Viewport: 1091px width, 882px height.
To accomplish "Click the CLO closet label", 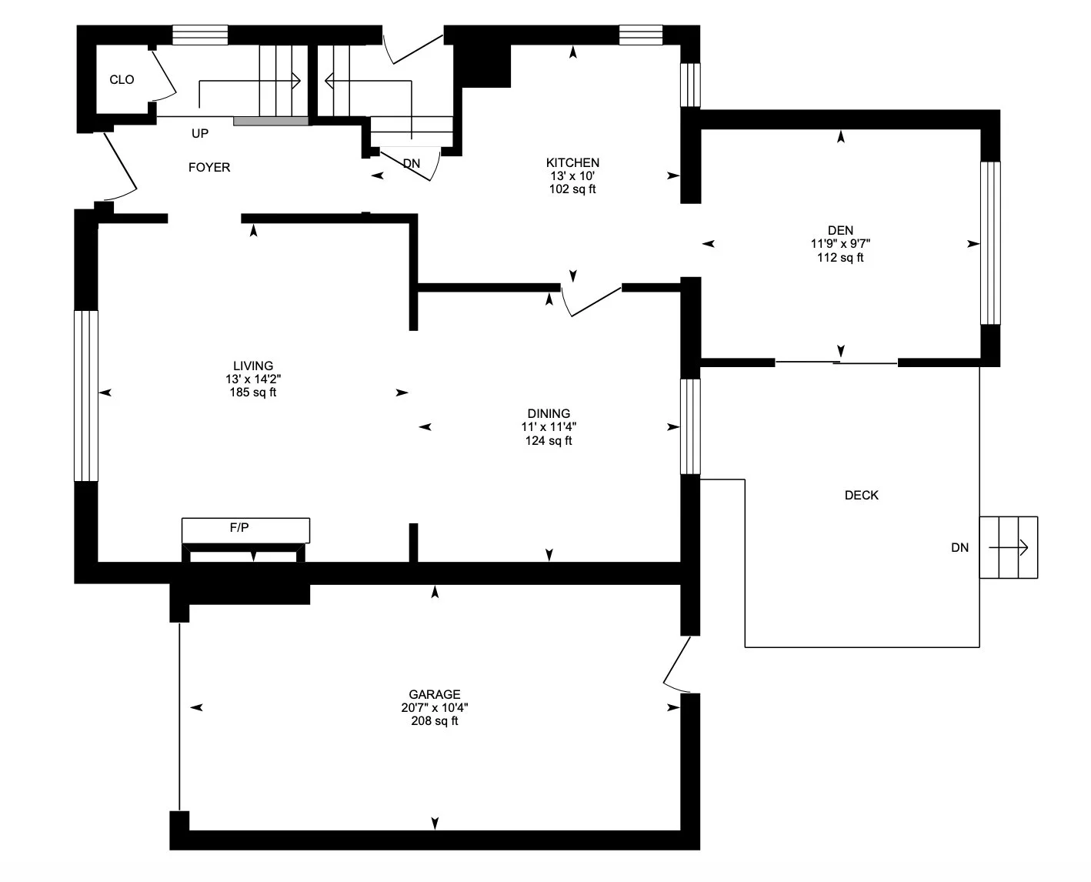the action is [122, 80].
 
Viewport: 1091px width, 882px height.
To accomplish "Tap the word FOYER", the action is [209, 168].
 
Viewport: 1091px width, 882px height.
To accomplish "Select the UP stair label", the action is [200, 134].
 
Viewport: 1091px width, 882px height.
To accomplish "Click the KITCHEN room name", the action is [572, 163].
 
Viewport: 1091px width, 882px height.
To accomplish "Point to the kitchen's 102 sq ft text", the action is [572, 189].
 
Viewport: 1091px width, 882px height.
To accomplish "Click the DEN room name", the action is [840, 230].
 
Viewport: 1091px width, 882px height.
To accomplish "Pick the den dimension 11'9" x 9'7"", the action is [840, 244].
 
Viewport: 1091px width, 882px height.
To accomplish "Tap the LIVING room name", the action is [253, 366].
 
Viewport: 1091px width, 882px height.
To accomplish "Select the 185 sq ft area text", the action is [253, 393].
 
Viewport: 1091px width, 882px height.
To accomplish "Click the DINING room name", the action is [549, 413].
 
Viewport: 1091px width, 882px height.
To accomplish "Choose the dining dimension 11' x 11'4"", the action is [549, 426].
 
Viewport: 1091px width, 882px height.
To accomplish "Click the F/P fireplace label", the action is [239, 527].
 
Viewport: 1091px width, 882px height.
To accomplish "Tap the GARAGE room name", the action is [435, 694].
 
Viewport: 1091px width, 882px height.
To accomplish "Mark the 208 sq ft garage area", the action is [435, 721].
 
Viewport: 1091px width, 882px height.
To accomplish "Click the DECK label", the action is [862, 496].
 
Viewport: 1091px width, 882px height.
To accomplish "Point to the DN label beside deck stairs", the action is [960, 547].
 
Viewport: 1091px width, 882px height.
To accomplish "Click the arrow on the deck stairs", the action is [1008, 547].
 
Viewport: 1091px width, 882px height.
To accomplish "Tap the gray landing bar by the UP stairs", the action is [271, 121].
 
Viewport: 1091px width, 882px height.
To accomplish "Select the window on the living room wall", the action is [86, 396].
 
